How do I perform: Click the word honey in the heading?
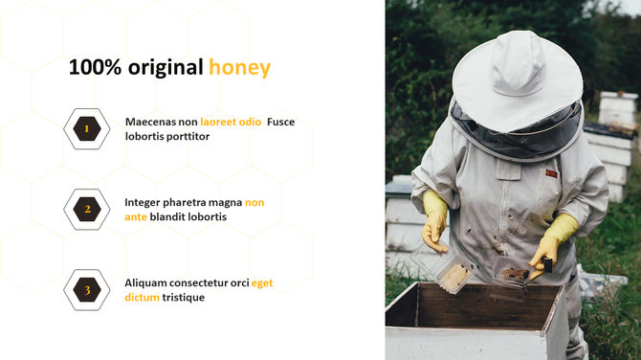[239, 67]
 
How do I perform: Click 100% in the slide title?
[94, 67]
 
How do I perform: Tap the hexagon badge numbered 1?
[86, 128]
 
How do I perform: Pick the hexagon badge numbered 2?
[86, 209]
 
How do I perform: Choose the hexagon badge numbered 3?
[86, 290]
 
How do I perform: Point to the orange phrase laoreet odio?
[231, 122]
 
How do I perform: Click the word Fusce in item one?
[281, 122]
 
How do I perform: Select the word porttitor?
[188, 136]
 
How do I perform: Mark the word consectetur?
[203, 282]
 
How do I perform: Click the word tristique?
[183, 297]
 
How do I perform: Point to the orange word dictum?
[142, 297]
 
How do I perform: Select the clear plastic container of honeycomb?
[453, 275]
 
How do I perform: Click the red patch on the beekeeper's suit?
[552, 173]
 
